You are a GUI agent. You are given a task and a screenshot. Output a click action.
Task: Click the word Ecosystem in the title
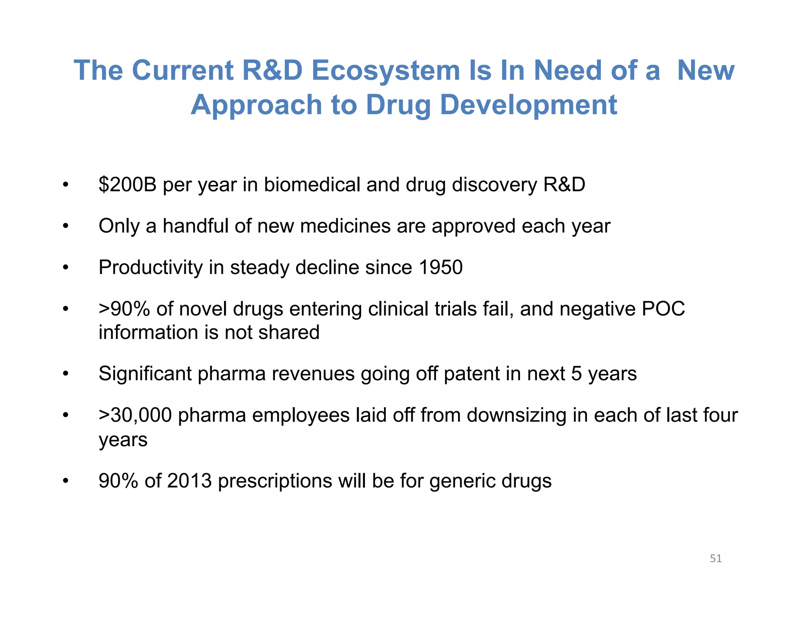pos(385,71)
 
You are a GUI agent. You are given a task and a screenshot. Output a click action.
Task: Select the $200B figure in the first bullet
pos(127,184)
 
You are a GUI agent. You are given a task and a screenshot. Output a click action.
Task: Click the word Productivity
pos(150,268)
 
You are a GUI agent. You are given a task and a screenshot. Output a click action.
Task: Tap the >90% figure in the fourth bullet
pos(124,309)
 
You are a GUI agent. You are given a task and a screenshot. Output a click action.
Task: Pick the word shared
pos(289,332)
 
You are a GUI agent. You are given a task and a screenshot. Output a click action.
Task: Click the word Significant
pos(145,374)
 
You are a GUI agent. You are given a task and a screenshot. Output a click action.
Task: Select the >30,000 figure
pos(135,415)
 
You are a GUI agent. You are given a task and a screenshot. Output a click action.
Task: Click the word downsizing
pos(516,415)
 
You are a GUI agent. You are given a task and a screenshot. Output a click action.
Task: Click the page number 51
pos(715,559)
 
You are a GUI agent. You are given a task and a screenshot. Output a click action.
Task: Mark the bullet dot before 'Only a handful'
pos(65,226)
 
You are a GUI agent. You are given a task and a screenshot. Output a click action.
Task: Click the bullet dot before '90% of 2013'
pos(65,481)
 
